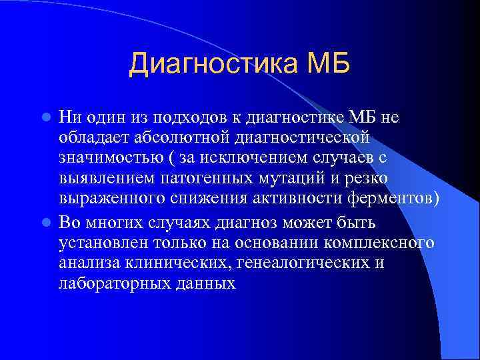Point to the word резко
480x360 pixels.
pos(369,180)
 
